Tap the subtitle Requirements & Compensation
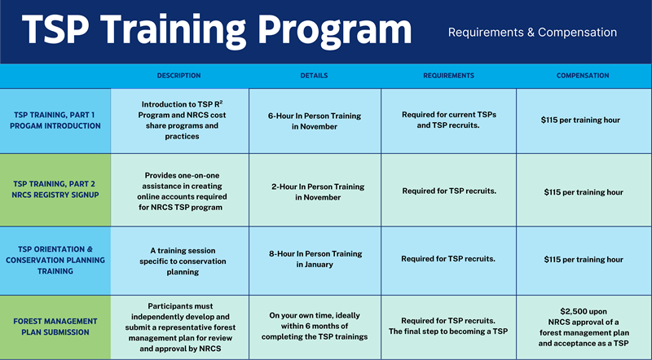[532, 33]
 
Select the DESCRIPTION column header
[179, 76]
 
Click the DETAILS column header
[314, 76]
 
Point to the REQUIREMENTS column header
[448, 76]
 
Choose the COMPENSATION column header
[583, 76]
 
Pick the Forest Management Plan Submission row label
[55, 327]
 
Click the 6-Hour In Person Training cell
[315, 121]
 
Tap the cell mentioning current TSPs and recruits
[448, 121]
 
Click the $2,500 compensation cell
[582, 327]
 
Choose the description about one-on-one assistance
[179, 191]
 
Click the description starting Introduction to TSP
[179, 121]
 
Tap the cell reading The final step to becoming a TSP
[449, 326]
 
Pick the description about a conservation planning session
[179, 259]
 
